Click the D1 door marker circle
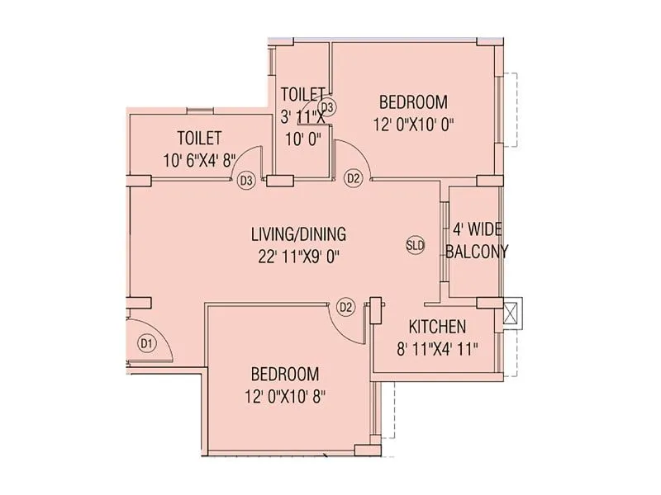pyautogui.click(x=146, y=342)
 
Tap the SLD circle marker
pyautogui.click(x=415, y=245)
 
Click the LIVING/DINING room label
pyautogui.click(x=298, y=233)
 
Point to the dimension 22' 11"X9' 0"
pyautogui.click(x=298, y=256)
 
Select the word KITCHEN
pyautogui.click(x=438, y=327)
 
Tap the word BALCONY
pyautogui.click(x=477, y=252)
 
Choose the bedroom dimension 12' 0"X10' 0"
pyautogui.click(x=414, y=125)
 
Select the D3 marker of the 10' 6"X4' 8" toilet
pyautogui.click(x=245, y=181)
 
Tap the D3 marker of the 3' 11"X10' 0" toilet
pyautogui.click(x=327, y=107)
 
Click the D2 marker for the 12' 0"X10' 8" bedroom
pyautogui.click(x=346, y=307)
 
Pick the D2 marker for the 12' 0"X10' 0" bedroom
pyautogui.click(x=354, y=177)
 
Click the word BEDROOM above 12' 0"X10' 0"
pyautogui.click(x=413, y=103)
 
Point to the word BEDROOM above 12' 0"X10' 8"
pyautogui.click(x=285, y=374)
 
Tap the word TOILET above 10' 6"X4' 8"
pyautogui.click(x=199, y=138)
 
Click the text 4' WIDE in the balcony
pyautogui.click(x=477, y=229)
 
